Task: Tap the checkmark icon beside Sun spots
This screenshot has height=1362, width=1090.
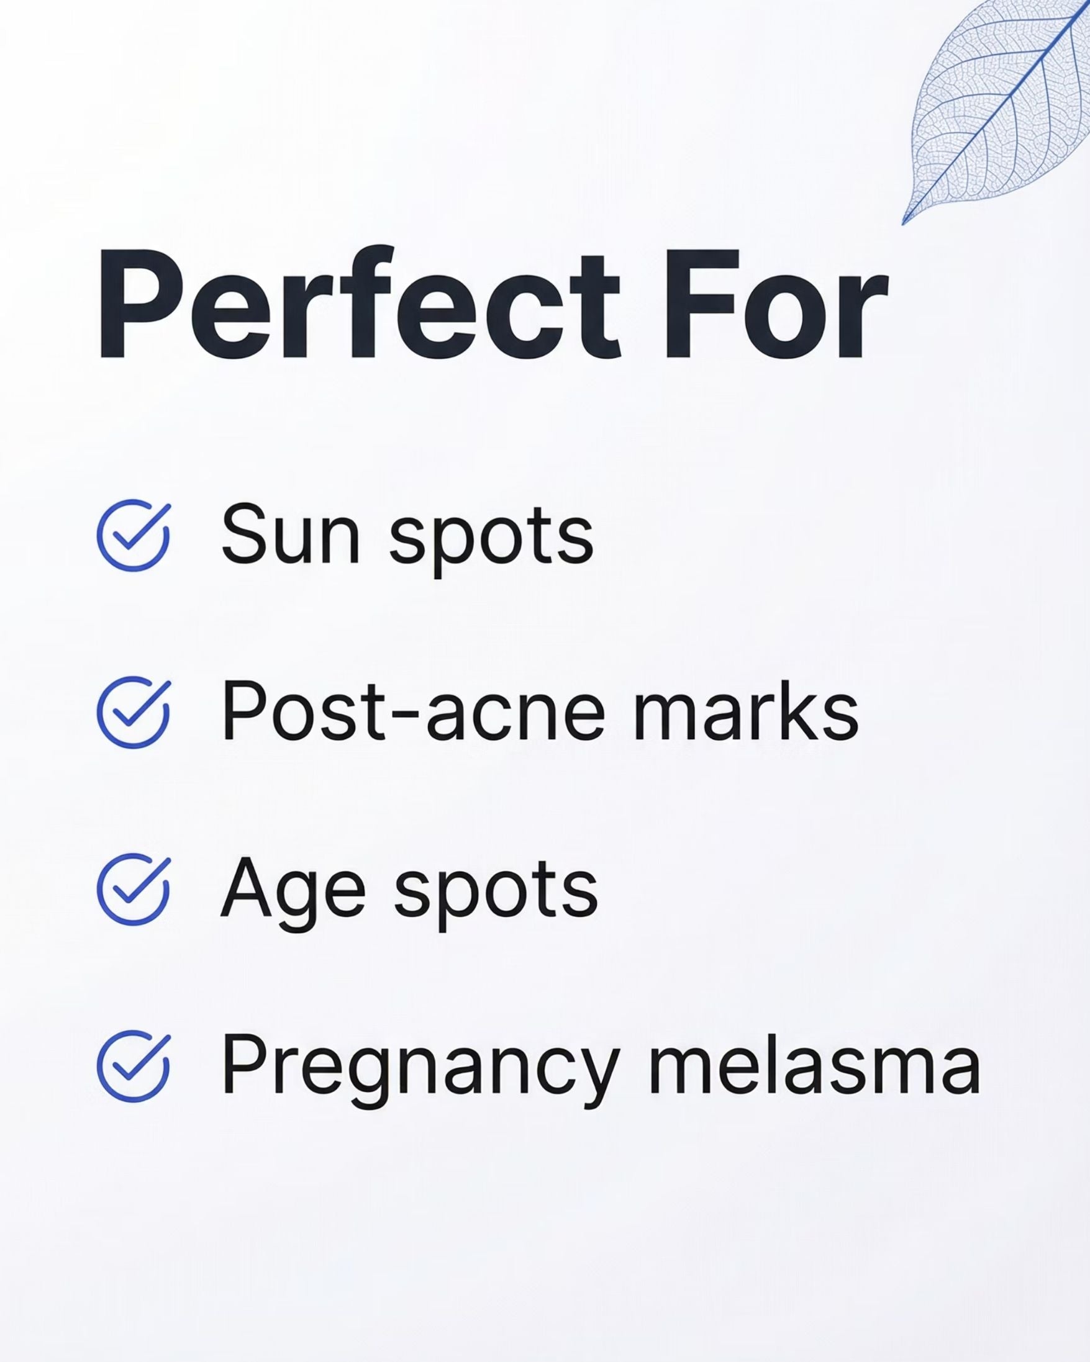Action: tap(134, 535)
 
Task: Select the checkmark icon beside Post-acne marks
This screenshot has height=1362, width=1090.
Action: tap(134, 712)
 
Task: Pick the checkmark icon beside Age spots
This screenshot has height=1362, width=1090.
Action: tap(134, 890)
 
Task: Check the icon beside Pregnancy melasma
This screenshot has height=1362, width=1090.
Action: tap(134, 1067)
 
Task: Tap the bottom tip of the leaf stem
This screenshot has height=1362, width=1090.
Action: tap(904, 222)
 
